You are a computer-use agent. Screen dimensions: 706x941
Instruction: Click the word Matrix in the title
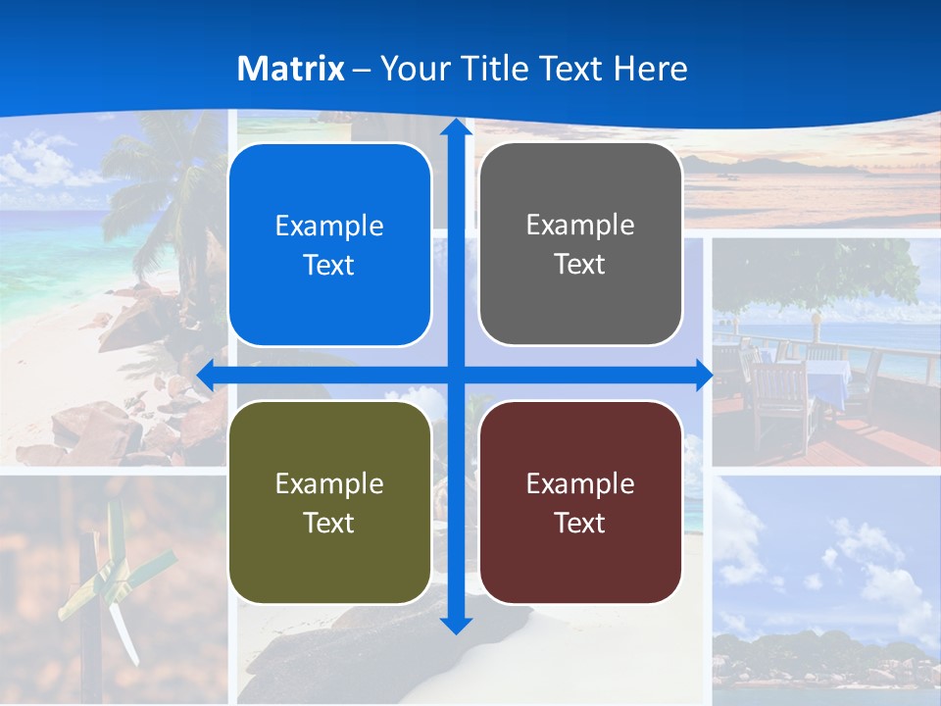(x=291, y=69)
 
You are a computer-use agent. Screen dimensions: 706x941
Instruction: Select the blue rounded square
(x=329, y=245)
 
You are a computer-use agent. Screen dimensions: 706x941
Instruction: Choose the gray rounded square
(x=580, y=244)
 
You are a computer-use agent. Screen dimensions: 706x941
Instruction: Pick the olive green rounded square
(x=329, y=502)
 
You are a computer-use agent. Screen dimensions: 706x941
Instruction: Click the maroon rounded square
(x=580, y=502)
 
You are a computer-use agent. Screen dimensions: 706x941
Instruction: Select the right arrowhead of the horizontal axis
(x=703, y=375)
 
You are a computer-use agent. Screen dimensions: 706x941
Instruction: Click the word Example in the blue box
(x=329, y=227)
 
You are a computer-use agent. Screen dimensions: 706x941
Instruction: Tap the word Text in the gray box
(x=580, y=265)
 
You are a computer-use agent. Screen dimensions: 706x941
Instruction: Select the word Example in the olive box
(x=329, y=483)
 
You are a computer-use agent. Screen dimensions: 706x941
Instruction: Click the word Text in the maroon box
(x=580, y=523)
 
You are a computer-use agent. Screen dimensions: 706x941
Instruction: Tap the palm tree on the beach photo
(x=157, y=176)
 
